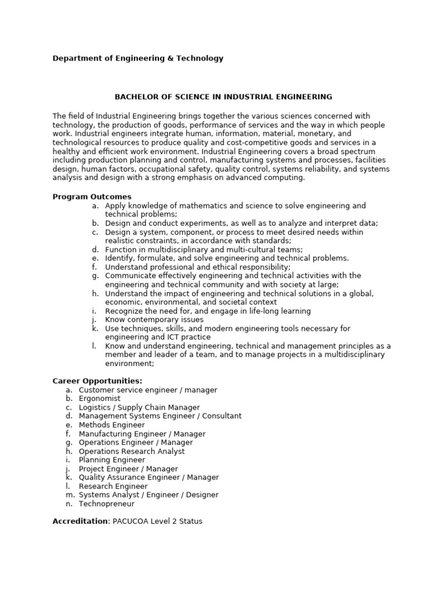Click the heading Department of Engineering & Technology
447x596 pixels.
click(x=138, y=58)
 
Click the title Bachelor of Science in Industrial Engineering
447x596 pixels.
click(x=223, y=97)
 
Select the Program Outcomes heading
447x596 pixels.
click(x=92, y=197)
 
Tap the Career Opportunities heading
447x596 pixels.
click(x=97, y=381)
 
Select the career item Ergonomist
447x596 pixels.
click(x=100, y=399)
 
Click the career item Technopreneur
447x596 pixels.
click(x=107, y=503)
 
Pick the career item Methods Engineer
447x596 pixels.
click(x=111, y=425)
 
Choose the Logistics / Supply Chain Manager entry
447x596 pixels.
click(x=139, y=407)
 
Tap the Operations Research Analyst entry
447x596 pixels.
click(x=132, y=451)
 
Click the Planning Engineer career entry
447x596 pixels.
click(x=112, y=460)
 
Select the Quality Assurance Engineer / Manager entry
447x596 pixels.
click(x=149, y=477)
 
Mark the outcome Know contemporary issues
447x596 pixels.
click(x=154, y=320)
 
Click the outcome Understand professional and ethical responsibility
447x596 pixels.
click(x=197, y=267)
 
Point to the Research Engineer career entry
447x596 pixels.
click(x=113, y=486)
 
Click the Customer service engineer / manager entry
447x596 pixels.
click(x=148, y=390)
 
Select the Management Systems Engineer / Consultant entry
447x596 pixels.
click(x=160, y=416)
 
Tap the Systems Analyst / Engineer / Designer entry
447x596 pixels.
click(x=148, y=495)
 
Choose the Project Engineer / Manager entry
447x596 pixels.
click(x=128, y=469)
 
